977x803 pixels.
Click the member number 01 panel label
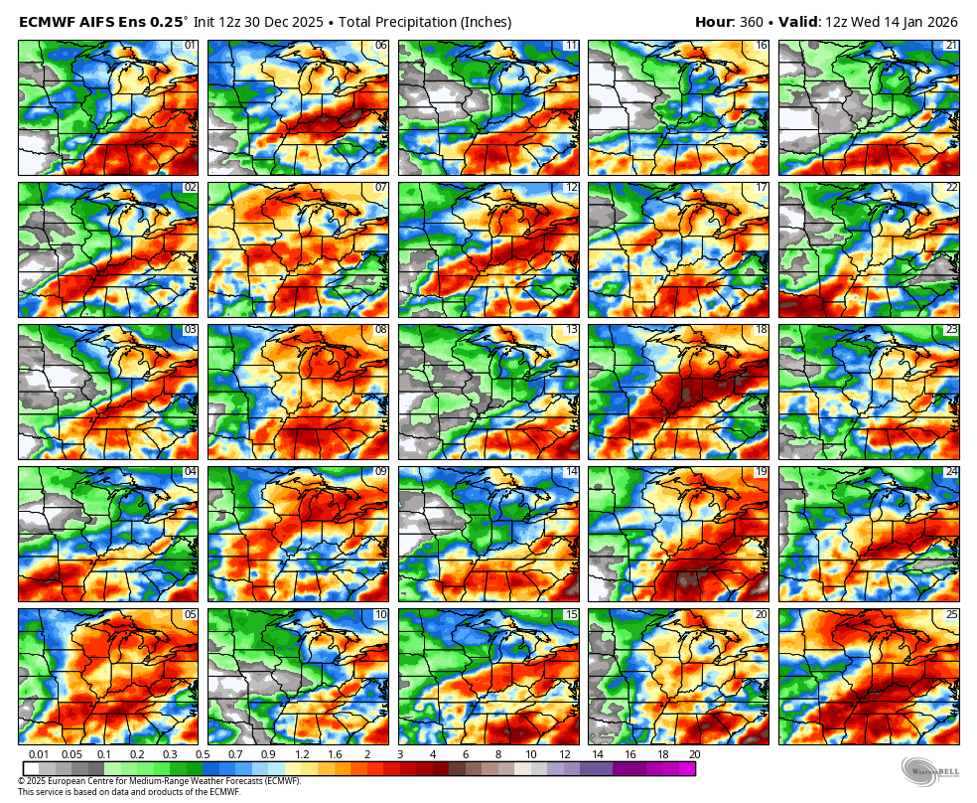coord(189,46)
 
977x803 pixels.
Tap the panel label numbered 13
coord(570,330)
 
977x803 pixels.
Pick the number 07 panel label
coord(380,188)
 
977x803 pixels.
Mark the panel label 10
coord(380,614)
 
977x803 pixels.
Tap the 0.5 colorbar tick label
coord(204,755)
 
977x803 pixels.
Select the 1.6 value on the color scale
coord(335,755)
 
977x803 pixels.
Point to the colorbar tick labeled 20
coord(695,755)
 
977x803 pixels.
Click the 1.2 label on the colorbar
coord(302,755)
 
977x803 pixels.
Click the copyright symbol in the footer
coord(21,781)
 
